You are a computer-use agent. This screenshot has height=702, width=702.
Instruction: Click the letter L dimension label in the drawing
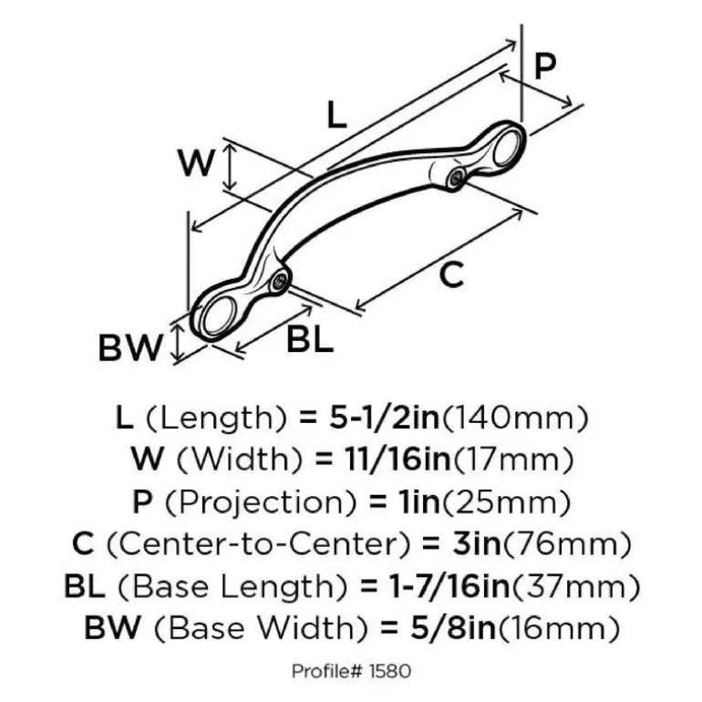336,114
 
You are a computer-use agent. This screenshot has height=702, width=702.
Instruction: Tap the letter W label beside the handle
196,162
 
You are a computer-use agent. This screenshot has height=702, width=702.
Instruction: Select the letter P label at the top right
545,66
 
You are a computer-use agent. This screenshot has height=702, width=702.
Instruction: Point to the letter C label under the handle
451,274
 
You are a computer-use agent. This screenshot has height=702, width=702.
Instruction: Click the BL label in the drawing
310,338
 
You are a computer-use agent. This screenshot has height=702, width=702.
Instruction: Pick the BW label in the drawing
129,347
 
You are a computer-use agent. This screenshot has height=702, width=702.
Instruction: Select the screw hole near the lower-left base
280,282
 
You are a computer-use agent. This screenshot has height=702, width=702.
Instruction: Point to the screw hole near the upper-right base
457,178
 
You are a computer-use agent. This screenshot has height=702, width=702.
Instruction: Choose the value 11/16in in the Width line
397,459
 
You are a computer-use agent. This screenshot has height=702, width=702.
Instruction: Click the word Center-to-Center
258,544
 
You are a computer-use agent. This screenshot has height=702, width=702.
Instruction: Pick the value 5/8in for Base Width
453,627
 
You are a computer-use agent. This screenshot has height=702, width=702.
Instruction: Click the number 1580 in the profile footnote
390,671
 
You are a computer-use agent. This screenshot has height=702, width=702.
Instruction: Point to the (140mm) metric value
514,418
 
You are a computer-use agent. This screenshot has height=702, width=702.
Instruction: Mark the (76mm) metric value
567,544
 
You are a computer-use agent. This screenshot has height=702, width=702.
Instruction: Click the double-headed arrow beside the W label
230,166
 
